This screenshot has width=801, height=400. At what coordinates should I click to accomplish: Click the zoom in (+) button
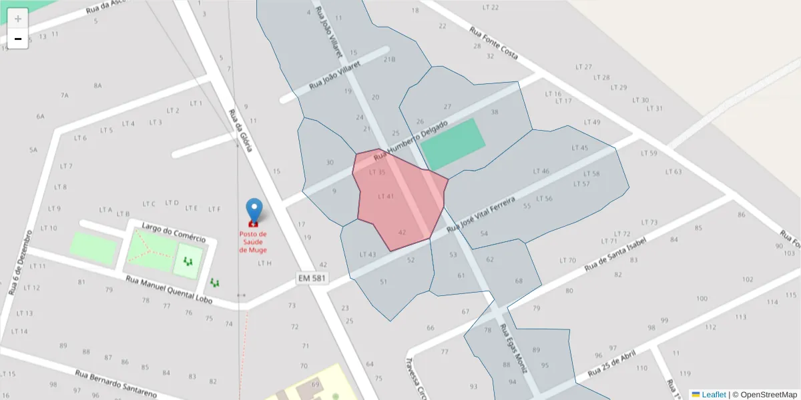[x=18, y=19]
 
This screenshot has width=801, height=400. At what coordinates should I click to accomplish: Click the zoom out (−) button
[x=18, y=39]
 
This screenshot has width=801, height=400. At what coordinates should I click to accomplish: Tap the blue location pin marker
[x=254, y=211]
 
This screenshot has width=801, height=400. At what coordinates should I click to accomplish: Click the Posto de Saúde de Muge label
[x=253, y=242]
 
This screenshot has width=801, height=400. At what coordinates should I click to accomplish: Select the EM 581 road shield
[x=312, y=277]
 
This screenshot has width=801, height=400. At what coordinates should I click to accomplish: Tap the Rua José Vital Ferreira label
[x=481, y=214]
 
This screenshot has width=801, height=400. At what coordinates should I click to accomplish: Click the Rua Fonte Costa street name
[x=494, y=43]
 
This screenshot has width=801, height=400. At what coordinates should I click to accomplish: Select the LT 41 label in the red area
[x=386, y=196]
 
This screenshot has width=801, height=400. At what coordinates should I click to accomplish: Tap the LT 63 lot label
[x=674, y=172]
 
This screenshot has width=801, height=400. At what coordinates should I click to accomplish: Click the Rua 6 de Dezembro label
[x=20, y=263]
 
